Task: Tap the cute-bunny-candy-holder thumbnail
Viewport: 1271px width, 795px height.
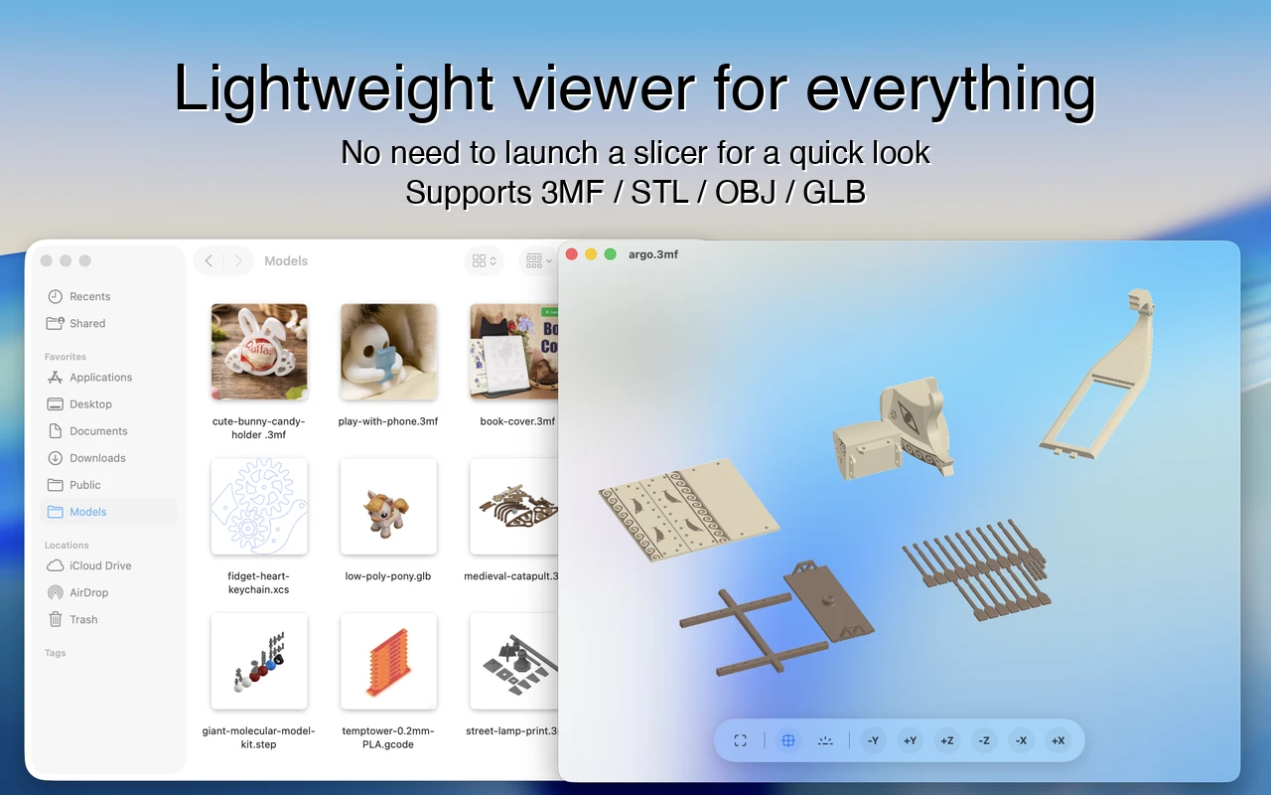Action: click(x=259, y=352)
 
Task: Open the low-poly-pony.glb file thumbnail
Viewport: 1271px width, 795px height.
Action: click(x=388, y=506)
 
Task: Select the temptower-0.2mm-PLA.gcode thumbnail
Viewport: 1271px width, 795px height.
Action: click(x=388, y=661)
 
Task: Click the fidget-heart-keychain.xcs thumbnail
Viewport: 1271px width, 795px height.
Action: click(x=259, y=506)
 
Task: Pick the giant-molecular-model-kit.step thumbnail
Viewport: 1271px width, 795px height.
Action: click(x=259, y=661)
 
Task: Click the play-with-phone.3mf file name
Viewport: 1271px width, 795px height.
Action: click(x=388, y=421)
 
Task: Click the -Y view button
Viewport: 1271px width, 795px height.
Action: click(x=873, y=740)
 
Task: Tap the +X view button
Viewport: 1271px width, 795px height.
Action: click(x=1058, y=740)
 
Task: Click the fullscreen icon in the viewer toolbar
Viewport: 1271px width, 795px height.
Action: click(x=740, y=740)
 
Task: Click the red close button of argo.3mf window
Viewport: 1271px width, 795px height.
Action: click(x=572, y=254)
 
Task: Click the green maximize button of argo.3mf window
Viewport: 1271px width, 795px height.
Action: click(x=611, y=254)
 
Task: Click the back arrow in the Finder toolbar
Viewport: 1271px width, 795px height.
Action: click(x=209, y=260)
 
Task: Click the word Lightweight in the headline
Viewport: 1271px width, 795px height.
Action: click(x=335, y=88)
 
